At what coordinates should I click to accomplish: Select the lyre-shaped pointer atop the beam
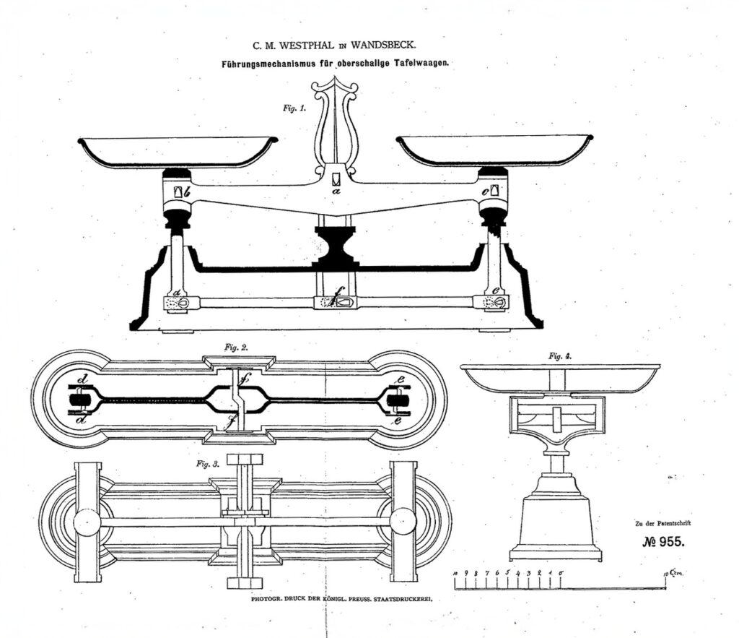click(335, 126)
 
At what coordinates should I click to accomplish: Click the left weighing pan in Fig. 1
click(178, 151)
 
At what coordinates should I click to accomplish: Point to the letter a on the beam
click(335, 192)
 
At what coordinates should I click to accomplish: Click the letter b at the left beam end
click(186, 193)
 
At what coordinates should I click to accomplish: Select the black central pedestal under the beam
click(335, 246)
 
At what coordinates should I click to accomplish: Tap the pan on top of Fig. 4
click(560, 378)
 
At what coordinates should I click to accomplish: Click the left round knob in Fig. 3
click(87, 522)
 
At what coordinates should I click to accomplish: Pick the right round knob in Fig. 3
click(403, 522)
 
